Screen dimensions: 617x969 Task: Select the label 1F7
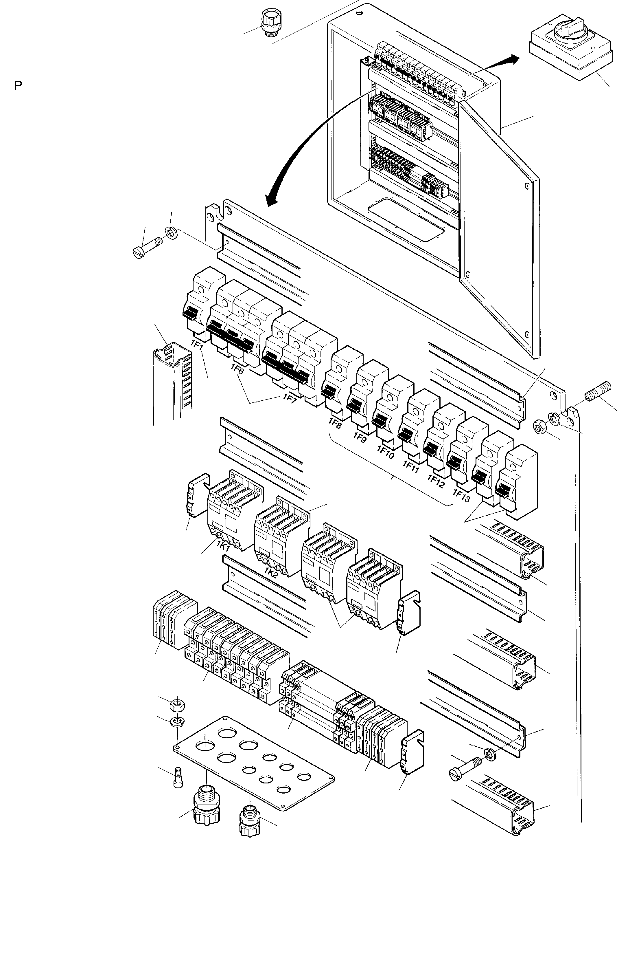290,398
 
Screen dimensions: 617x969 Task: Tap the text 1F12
436,479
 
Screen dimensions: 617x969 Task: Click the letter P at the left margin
18,86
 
